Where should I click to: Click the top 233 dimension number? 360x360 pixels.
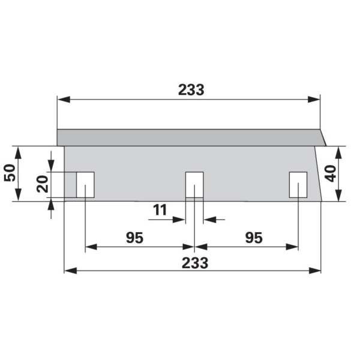point(191,89)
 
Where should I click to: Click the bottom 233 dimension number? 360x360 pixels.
point(195,263)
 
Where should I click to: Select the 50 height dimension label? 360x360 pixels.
point(10,173)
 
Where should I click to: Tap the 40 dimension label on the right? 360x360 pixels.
point(331,173)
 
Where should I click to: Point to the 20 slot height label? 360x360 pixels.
point(43,184)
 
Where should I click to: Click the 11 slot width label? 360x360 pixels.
point(160,210)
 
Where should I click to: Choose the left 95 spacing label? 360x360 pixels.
point(135,238)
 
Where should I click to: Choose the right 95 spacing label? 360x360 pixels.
point(254,238)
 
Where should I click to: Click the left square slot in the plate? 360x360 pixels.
point(85,185)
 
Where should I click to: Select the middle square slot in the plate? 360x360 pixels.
point(194,185)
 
